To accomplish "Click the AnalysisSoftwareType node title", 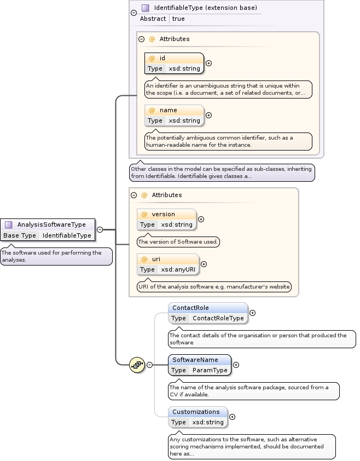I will (51, 224).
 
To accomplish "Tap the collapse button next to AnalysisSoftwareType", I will (100, 229).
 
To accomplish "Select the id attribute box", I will (174, 63).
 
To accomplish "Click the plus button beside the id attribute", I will (208, 64).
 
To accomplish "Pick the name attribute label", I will (168, 110).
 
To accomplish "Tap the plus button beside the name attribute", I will (208, 116).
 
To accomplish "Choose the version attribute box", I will (166, 219).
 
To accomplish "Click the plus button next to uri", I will (204, 264).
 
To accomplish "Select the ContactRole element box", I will (207, 313).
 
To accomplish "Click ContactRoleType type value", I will (218, 318).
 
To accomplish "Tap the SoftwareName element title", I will (195, 360).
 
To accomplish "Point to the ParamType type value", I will (210, 370).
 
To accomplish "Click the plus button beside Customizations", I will (232, 417).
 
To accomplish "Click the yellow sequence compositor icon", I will (137, 365).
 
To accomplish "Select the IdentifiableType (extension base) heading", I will (205, 8).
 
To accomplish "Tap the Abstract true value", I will (178, 19).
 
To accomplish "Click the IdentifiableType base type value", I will (67, 235).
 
